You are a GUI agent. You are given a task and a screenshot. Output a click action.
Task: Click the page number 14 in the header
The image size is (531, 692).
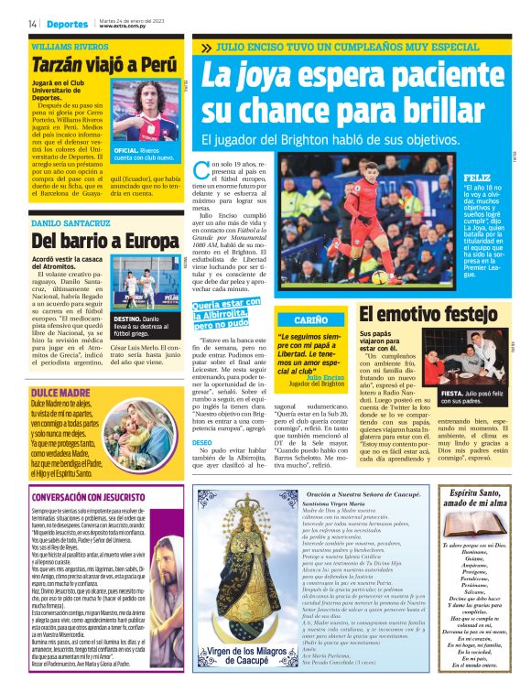pyautogui.click(x=32, y=24)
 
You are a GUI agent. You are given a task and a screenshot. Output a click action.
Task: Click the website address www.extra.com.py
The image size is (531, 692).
pyautogui.click(x=125, y=27)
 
